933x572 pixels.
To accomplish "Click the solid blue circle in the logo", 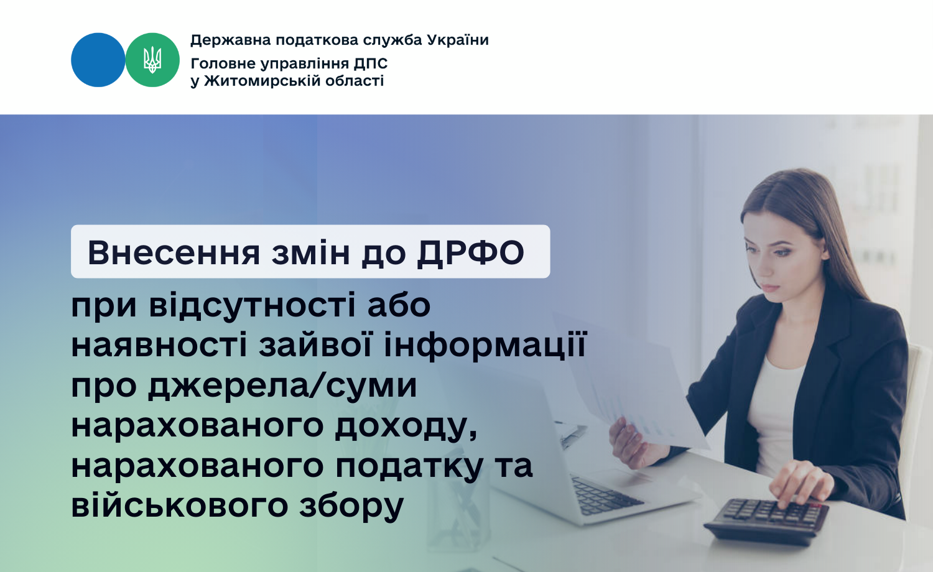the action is [98, 60].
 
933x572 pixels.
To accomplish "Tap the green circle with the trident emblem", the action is [152, 60].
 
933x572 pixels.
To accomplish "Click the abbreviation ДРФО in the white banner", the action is [471, 252].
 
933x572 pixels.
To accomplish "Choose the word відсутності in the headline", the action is [253, 305].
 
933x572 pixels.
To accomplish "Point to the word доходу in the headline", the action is [406, 426].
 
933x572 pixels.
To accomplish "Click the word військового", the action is [180, 505].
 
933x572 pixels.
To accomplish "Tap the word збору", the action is [351, 506].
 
